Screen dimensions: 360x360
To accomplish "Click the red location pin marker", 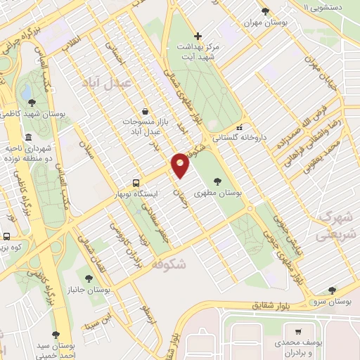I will tap(181, 165).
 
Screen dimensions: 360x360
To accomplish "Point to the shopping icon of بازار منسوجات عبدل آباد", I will tap(144, 111).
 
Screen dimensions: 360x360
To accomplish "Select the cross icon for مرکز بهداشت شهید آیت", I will tap(198, 36).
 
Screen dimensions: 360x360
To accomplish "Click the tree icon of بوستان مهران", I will tap(265, 11).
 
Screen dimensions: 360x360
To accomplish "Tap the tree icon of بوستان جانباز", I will tap(88, 280).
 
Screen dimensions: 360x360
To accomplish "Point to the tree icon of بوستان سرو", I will tap(332, 290).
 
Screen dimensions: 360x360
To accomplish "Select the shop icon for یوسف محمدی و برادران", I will tap(299, 333).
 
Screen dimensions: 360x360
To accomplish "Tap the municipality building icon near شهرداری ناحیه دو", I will tap(27, 138).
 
